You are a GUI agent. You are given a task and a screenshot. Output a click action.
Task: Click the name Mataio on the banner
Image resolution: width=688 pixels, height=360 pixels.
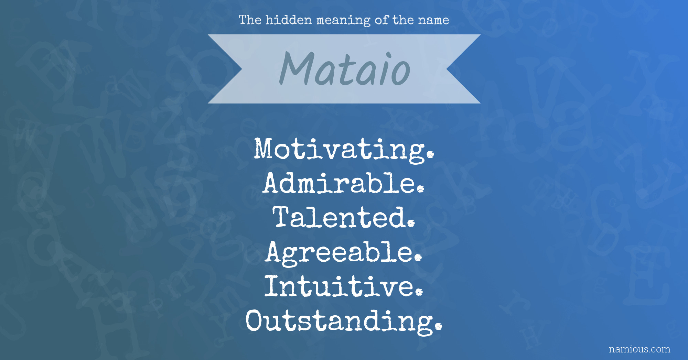pyautogui.click(x=345, y=69)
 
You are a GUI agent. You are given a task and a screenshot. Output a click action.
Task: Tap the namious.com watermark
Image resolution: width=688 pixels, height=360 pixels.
pyautogui.click(x=639, y=349)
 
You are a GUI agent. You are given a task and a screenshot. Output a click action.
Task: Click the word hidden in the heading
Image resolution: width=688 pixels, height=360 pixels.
pyautogui.click(x=289, y=20)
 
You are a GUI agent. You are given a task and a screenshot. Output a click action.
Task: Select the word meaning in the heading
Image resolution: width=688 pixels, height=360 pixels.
pyautogui.click(x=343, y=21)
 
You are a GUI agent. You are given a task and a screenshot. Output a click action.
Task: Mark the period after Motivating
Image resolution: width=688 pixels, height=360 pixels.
pyautogui.click(x=430, y=155)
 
